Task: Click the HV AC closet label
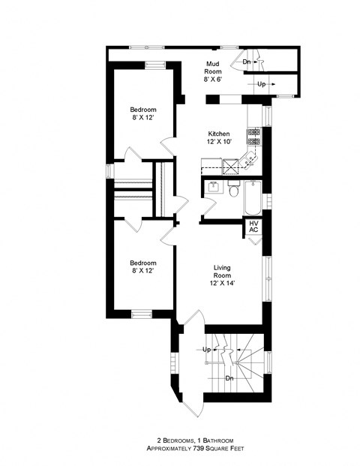[x=253, y=226]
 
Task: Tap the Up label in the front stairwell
[x=205, y=350]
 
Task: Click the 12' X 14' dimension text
[x=221, y=284]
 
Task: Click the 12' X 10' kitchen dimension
[x=219, y=142]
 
